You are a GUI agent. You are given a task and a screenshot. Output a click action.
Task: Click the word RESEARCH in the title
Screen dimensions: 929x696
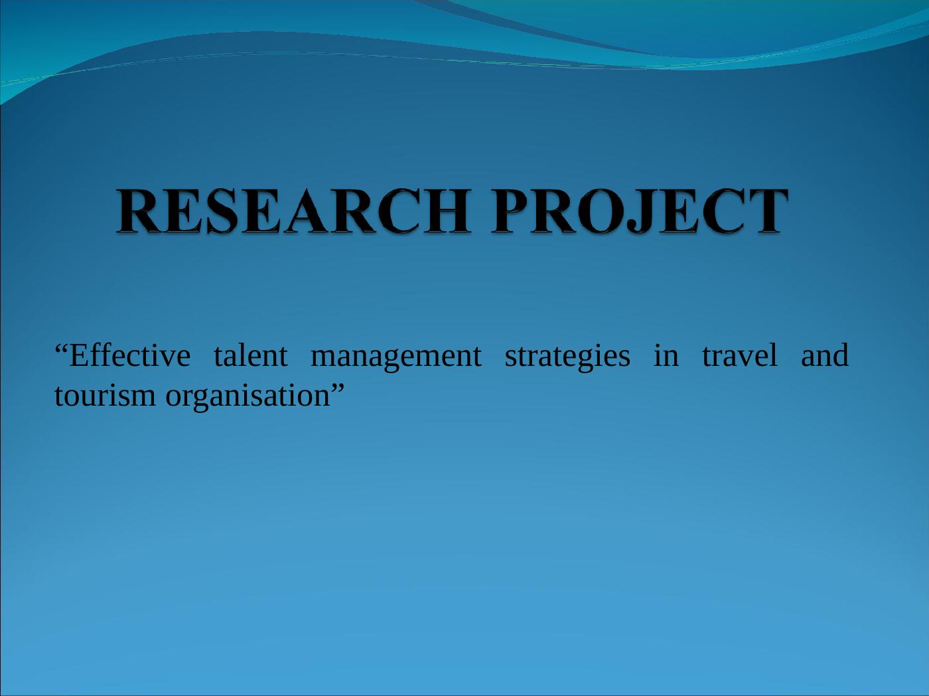pos(293,211)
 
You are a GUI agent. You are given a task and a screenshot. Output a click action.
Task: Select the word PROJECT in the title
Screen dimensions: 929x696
pos(640,211)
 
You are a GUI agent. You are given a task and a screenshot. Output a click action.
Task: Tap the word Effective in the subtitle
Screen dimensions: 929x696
pos(130,355)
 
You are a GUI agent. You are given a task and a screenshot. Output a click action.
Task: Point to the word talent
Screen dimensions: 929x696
pos(251,355)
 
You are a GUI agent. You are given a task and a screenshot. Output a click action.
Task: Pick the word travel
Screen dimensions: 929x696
pos(740,355)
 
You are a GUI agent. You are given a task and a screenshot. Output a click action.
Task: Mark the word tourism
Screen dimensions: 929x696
pos(105,396)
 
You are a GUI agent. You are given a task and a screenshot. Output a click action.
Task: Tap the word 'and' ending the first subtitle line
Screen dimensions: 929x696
pos(825,355)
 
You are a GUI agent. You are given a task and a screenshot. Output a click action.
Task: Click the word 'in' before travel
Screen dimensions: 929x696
pos(666,355)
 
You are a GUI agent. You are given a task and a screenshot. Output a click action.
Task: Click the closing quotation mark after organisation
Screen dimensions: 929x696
pos(337,388)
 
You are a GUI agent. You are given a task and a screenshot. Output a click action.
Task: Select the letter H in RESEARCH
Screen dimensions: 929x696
pos(447,211)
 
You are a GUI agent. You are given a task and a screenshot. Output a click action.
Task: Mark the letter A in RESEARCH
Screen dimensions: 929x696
pos(307,211)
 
